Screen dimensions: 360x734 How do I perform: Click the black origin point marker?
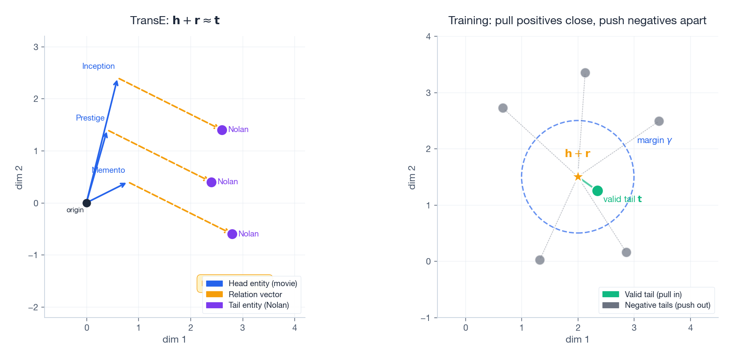(x=87, y=203)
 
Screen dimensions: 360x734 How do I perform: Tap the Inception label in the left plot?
(x=98, y=66)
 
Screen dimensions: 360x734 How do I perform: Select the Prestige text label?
(x=90, y=118)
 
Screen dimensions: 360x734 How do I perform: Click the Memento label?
(x=109, y=170)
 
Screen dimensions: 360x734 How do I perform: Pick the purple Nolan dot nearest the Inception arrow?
(x=222, y=130)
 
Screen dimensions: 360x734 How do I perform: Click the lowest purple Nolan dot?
(x=232, y=234)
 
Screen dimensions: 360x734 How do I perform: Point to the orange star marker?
(x=578, y=177)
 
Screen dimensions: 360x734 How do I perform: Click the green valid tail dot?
(x=597, y=191)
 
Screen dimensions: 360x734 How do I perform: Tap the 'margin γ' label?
(x=654, y=140)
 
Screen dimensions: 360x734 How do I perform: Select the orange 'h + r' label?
(x=577, y=153)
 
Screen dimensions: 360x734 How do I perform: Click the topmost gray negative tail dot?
(x=585, y=73)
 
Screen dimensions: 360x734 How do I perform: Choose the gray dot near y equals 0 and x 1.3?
(x=540, y=260)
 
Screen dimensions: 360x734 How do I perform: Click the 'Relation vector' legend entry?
(x=255, y=294)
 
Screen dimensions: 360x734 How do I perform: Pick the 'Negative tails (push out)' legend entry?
(x=667, y=305)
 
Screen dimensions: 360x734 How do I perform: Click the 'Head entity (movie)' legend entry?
(x=262, y=284)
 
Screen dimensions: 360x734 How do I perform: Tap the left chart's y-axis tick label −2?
(x=33, y=307)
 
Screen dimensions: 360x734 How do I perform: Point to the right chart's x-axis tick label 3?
(x=634, y=328)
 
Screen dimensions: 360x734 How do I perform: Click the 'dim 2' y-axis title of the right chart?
(x=412, y=177)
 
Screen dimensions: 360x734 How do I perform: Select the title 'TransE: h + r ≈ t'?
(x=175, y=20)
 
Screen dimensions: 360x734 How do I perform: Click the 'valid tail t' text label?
(x=622, y=199)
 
